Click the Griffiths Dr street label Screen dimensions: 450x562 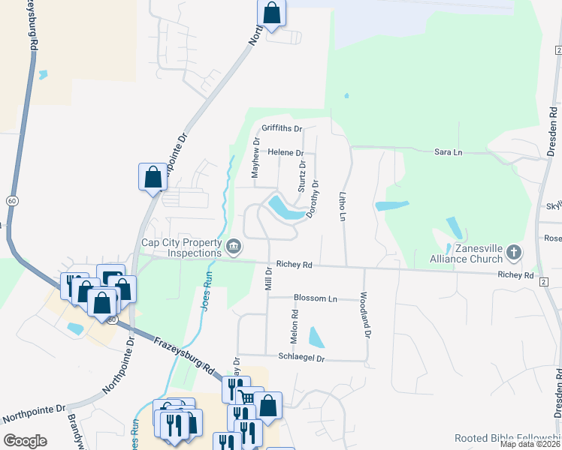(282, 128)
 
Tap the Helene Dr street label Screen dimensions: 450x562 (286, 152)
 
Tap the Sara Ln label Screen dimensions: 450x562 (448, 152)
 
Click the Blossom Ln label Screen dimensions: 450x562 (315, 298)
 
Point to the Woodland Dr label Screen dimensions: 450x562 (366, 313)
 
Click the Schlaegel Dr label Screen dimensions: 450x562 (301, 358)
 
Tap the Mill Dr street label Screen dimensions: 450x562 (267, 277)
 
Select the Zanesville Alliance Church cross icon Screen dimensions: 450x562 (514, 251)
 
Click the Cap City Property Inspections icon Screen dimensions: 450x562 (234, 245)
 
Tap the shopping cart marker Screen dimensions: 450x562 (247, 398)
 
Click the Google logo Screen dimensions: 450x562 (25, 441)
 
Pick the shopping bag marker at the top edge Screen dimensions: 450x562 (272, 13)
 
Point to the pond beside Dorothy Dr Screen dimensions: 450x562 (287, 208)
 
